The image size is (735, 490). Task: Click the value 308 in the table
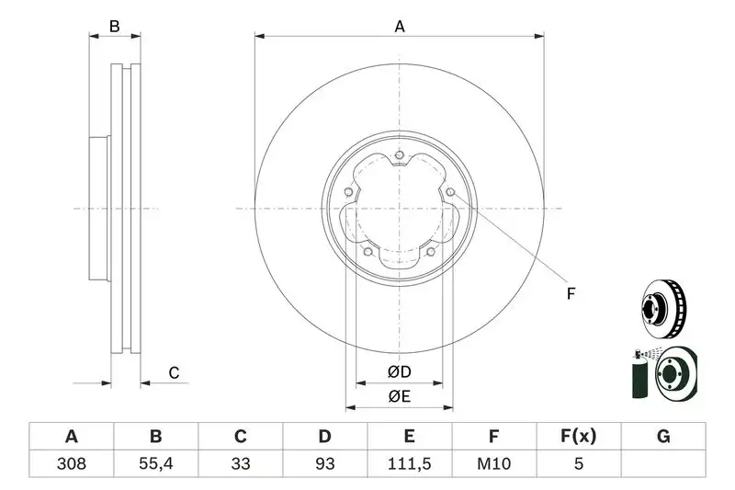point(72,464)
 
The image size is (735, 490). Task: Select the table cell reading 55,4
point(156,464)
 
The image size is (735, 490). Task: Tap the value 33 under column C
point(241,464)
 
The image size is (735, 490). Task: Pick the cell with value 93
point(325,464)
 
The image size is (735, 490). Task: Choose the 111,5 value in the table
point(410,464)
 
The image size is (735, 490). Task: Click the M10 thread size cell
point(494,464)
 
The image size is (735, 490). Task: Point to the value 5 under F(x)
point(579,464)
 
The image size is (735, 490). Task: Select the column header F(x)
point(579,437)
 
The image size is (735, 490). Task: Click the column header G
point(663,437)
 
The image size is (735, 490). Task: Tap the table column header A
point(72,437)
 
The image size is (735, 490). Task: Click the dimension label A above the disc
point(400,27)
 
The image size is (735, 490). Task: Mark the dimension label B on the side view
point(115,27)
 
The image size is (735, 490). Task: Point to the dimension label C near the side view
point(173,372)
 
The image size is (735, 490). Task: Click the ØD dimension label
point(399,372)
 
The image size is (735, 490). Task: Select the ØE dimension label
point(399,396)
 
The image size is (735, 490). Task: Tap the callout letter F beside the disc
point(570,294)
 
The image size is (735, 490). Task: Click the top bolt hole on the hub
point(400,155)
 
